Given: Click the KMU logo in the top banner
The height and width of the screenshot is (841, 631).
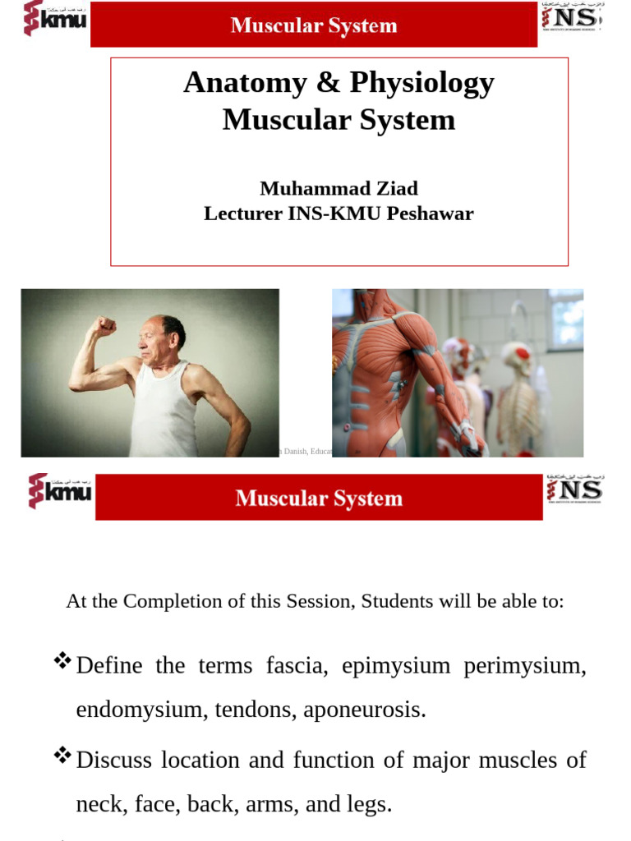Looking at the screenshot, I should coord(54,19).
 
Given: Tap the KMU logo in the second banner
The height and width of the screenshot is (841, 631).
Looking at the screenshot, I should coord(60,491).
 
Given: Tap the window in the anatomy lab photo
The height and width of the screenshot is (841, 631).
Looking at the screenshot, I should coord(566,320).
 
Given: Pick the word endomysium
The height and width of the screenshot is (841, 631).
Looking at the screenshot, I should coord(139,710).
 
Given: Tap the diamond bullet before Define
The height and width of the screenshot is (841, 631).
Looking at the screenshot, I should coord(62,661).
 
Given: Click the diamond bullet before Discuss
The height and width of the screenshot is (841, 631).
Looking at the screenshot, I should coord(62,756).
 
